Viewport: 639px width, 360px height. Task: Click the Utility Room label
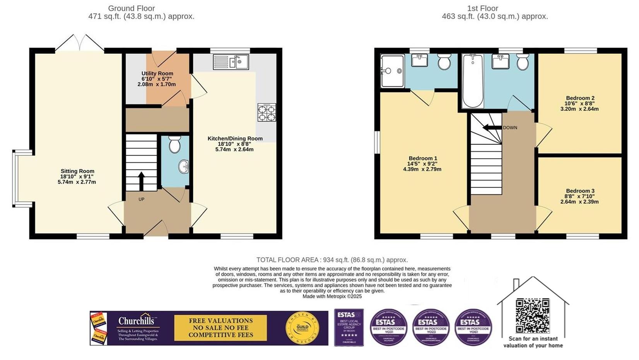click(157, 74)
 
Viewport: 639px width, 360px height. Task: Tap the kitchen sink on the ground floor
click(231, 62)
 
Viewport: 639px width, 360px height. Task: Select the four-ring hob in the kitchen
click(267, 113)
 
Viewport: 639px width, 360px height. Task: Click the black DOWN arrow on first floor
click(490, 127)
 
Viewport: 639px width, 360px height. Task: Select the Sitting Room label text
click(77, 171)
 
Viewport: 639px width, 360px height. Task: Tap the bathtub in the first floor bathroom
click(473, 81)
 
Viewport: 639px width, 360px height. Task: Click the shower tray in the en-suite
click(392, 71)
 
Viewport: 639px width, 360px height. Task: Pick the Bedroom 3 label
click(580, 191)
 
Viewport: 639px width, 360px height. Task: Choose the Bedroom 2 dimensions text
click(579, 106)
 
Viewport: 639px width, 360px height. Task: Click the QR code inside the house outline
click(533, 315)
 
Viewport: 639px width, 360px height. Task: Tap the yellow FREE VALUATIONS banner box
click(220, 327)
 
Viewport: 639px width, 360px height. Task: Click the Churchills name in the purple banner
click(136, 321)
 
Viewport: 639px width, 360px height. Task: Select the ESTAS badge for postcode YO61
click(473, 327)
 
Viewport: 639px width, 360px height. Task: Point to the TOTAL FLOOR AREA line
click(332, 260)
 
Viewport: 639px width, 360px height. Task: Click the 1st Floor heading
click(482, 8)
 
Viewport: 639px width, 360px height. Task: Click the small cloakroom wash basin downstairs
click(183, 167)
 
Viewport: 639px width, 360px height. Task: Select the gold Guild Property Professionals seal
click(302, 328)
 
